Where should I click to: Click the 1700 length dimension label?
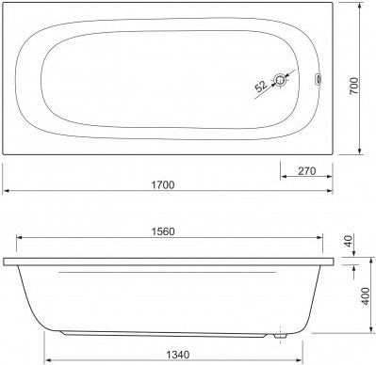point(163,184)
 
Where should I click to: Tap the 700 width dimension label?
point(353,86)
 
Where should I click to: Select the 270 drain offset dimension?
point(306,171)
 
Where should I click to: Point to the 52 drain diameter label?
point(261,87)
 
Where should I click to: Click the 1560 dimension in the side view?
point(163,231)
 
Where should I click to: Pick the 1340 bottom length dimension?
point(178,355)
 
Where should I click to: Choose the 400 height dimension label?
point(366,295)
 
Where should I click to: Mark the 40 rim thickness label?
point(350,241)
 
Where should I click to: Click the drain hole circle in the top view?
point(279,80)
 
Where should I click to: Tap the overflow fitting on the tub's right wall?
point(318,79)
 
